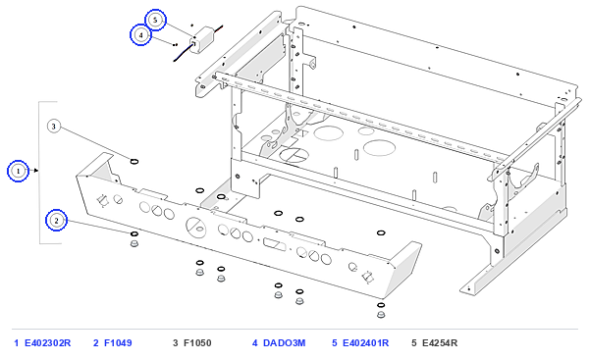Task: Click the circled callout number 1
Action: pyautogui.click(x=18, y=172)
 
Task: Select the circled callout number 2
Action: pyautogui.click(x=56, y=221)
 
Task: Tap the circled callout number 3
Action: pyautogui.click(x=54, y=127)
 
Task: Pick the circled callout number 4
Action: pyautogui.click(x=140, y=35)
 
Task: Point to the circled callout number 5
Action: pyautogui.click(x=155, y=20)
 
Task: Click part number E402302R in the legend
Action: pyautogui.click(x=48, y=343)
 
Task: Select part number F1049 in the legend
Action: pyautogui.click(x=118, y=343)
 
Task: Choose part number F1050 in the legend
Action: pyautogui.click(x=197, y=343)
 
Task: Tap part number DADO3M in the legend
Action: pyautogui.click(x=285, y=343)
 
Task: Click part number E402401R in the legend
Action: pyautogui.click(x=366, y=343)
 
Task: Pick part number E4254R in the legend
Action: pyautogui.click(x=440, y=343)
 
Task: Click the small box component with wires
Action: pyautogui.click(x=201, y=40)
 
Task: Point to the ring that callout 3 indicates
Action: pyautogui.click(x=134, y=162)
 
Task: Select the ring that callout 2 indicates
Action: pyautogui.click(x=134, y=233)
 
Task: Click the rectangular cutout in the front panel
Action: pyautogui.click(x=274, y=244)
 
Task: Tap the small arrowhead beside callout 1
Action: pyautogui.click(x=35, y=171)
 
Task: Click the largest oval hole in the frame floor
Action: pyautogui.click(x=379, y=147)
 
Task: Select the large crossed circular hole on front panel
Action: pyautogui.click(x=196, y=228)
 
